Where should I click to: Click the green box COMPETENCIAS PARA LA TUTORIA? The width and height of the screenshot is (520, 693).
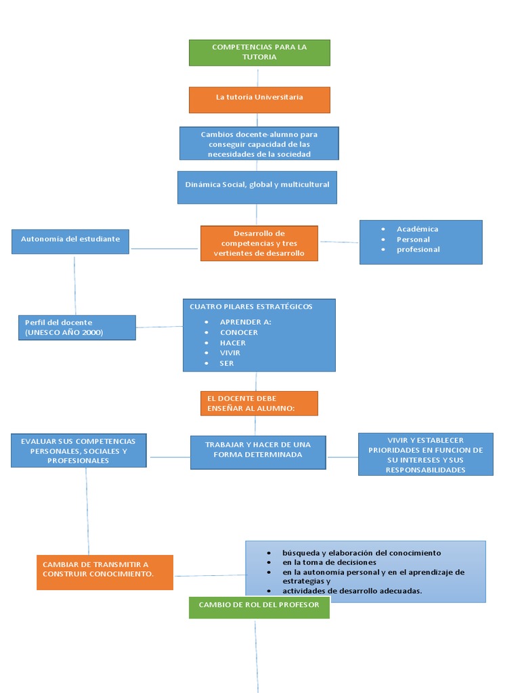[259, 52]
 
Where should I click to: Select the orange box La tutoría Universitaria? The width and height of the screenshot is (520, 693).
[259, 99]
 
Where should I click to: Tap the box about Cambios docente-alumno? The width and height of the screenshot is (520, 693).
[259, 143]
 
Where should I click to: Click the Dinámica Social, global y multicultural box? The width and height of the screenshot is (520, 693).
[257, 187]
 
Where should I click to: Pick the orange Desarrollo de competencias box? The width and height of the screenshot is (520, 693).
[259, 243]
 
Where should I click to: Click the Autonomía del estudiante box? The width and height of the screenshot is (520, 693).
[70, 241]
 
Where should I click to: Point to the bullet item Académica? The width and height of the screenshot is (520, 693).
[417, 229]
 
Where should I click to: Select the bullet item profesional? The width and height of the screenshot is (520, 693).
[418, 250]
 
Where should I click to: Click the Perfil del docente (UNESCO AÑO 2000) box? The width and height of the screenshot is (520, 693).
[77, 328]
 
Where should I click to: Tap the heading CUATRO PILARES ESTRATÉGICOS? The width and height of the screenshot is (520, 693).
[251, 307]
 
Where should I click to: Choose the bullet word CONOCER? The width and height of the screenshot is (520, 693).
[238, 332]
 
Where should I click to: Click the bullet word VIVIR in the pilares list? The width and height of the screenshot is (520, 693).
[230, 353]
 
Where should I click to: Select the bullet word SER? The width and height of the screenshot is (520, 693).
[226, 363]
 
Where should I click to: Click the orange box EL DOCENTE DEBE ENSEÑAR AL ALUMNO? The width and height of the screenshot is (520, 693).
[259, 403]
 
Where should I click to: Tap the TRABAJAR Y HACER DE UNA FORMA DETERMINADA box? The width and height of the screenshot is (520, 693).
[258, 452]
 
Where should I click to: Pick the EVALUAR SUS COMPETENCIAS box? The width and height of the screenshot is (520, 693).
[79, 451]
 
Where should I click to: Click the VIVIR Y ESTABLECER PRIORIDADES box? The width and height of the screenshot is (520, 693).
[425, 454]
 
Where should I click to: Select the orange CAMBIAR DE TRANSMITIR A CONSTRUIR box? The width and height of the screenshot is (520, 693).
[105, 572]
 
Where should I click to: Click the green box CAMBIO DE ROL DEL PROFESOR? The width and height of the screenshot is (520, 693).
[259, 607]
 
